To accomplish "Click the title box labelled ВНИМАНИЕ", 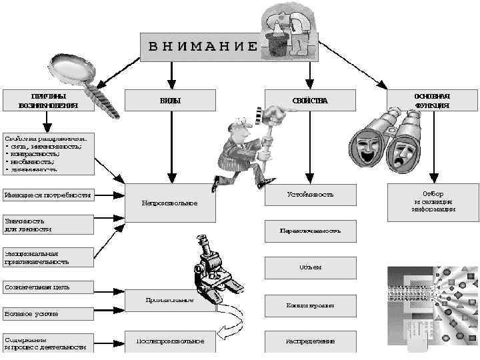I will (x=200, y=46).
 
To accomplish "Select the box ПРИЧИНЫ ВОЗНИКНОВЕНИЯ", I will (x=48, y=100).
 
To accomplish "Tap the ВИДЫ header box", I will (x=170, y=100).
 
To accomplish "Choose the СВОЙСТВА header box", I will (x=310, y=100).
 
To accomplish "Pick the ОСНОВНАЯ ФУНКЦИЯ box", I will (x=432, y=100).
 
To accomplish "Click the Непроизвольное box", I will (x=170, y=202).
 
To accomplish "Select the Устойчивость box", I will (x=310, y=195).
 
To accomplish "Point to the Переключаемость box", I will (x=310, y=231).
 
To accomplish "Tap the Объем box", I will (x=310, y=267).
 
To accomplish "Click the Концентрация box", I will (x=310, y=305).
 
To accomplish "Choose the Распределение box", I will (x=310, y=341).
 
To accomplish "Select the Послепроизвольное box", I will (x=170, y=341).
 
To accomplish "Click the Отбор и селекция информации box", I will (x=432, y=201).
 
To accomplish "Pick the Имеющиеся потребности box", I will (x=47, y=195).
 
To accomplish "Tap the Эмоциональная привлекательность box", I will (x=47, y=257).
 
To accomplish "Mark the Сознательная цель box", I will (x=47, y=287).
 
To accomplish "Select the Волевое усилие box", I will (x=47, y=313).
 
